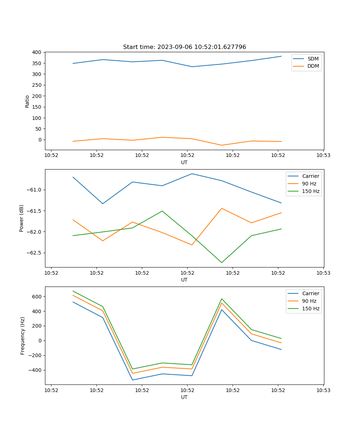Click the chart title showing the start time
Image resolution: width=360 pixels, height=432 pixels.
[x=184, y=47]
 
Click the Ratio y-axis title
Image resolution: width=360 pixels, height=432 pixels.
[x=27, y=101]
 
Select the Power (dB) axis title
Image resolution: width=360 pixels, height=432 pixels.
[x=22, y=218]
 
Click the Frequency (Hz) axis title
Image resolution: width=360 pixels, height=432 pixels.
[x=22, y=336]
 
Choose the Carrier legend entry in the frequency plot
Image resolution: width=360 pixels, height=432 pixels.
[x=310, y=293]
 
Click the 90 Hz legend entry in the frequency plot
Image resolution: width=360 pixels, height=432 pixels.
[x=309, y=301]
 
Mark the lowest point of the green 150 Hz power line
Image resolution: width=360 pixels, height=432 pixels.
[x=221, y=262]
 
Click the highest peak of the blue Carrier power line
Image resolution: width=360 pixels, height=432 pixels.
[x=192, y=174]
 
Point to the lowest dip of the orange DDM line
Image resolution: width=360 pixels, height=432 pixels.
[x=221, y=145]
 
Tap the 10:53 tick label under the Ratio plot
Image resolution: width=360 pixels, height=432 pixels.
[x=323, y=156]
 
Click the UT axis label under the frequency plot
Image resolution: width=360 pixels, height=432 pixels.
[x=184, y=397]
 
